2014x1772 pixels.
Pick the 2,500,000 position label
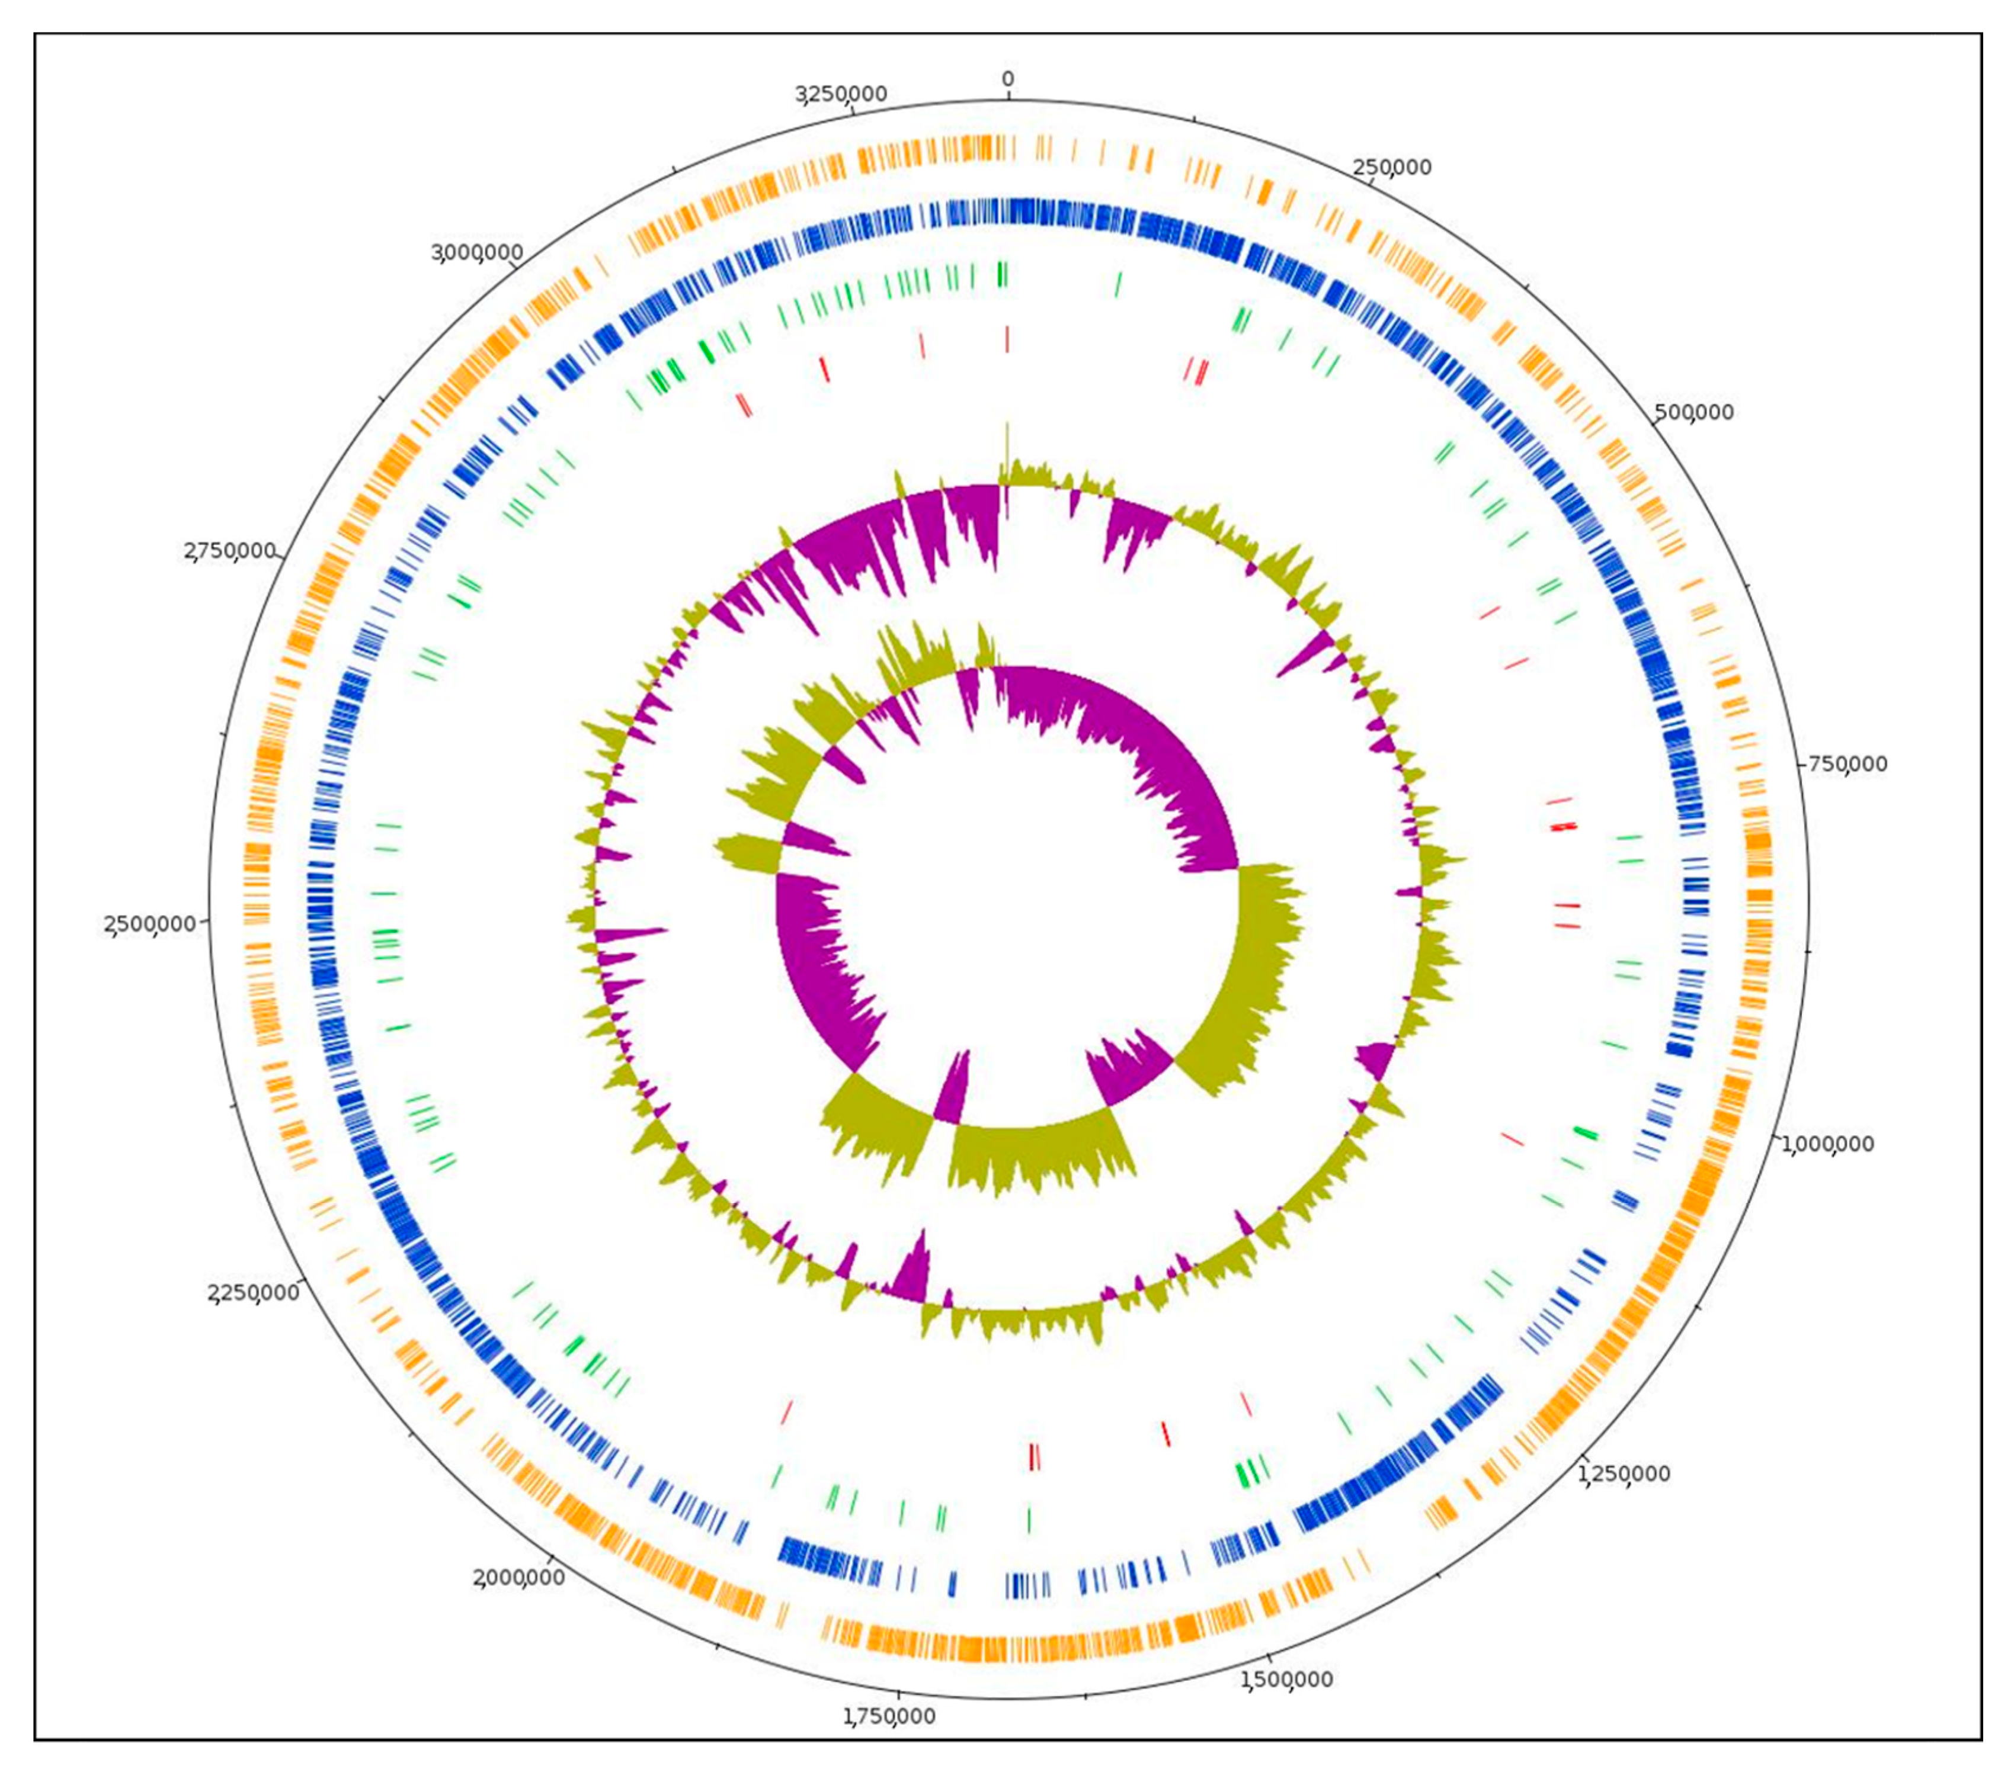point(150,925)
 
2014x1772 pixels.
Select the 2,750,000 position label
point(229,551)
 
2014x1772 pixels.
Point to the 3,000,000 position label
point(477,253)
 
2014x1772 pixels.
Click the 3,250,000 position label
point(843,95)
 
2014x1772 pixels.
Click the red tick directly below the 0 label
point(1007,340)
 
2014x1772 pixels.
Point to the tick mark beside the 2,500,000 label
point(204,921)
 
